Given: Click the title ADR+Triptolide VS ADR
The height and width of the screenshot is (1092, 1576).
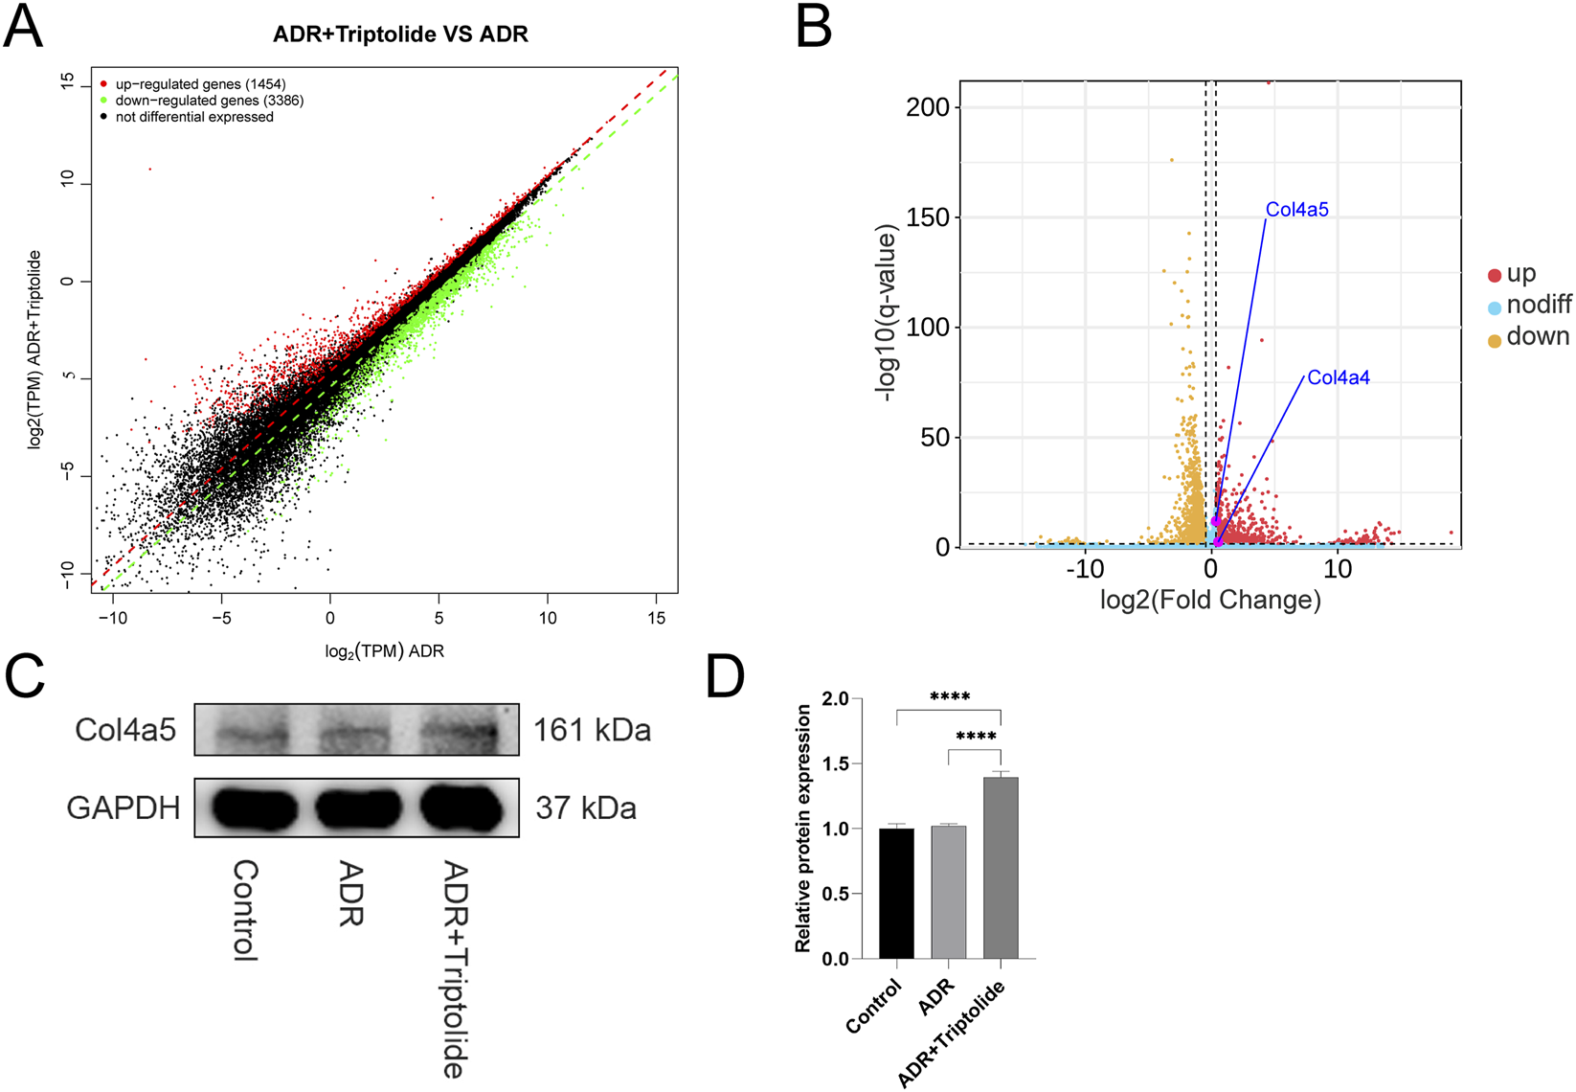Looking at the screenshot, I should tap(400, 34).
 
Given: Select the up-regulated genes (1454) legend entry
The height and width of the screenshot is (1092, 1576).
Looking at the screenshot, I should tap(200, 84).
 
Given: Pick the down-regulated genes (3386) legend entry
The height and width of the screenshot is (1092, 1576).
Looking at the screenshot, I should tap(209, 101).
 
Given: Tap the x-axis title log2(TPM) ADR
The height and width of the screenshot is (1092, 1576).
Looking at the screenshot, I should tap(384, 651).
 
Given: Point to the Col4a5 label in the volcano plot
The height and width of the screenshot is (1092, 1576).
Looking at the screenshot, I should tap(1296, 210).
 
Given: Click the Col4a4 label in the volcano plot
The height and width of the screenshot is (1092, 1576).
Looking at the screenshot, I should tap(1338, 378).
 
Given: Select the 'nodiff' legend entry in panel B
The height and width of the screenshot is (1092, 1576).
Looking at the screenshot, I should tap(1538, 306).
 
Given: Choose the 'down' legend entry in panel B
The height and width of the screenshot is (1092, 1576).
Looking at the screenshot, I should tap(1537, 337).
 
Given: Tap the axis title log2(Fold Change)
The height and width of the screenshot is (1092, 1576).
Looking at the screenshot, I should tap(1210, 601).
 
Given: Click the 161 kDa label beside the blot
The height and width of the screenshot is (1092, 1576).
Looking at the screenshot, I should tap(592, 731).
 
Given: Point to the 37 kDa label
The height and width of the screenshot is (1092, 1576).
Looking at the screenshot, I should tap(585, 808).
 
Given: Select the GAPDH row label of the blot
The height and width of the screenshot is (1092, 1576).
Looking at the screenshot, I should tap(123, 808).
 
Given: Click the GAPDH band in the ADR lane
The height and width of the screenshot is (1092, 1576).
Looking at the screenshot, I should tap(357, 809).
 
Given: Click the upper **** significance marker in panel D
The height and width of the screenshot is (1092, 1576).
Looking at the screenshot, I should tap(949, 697).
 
